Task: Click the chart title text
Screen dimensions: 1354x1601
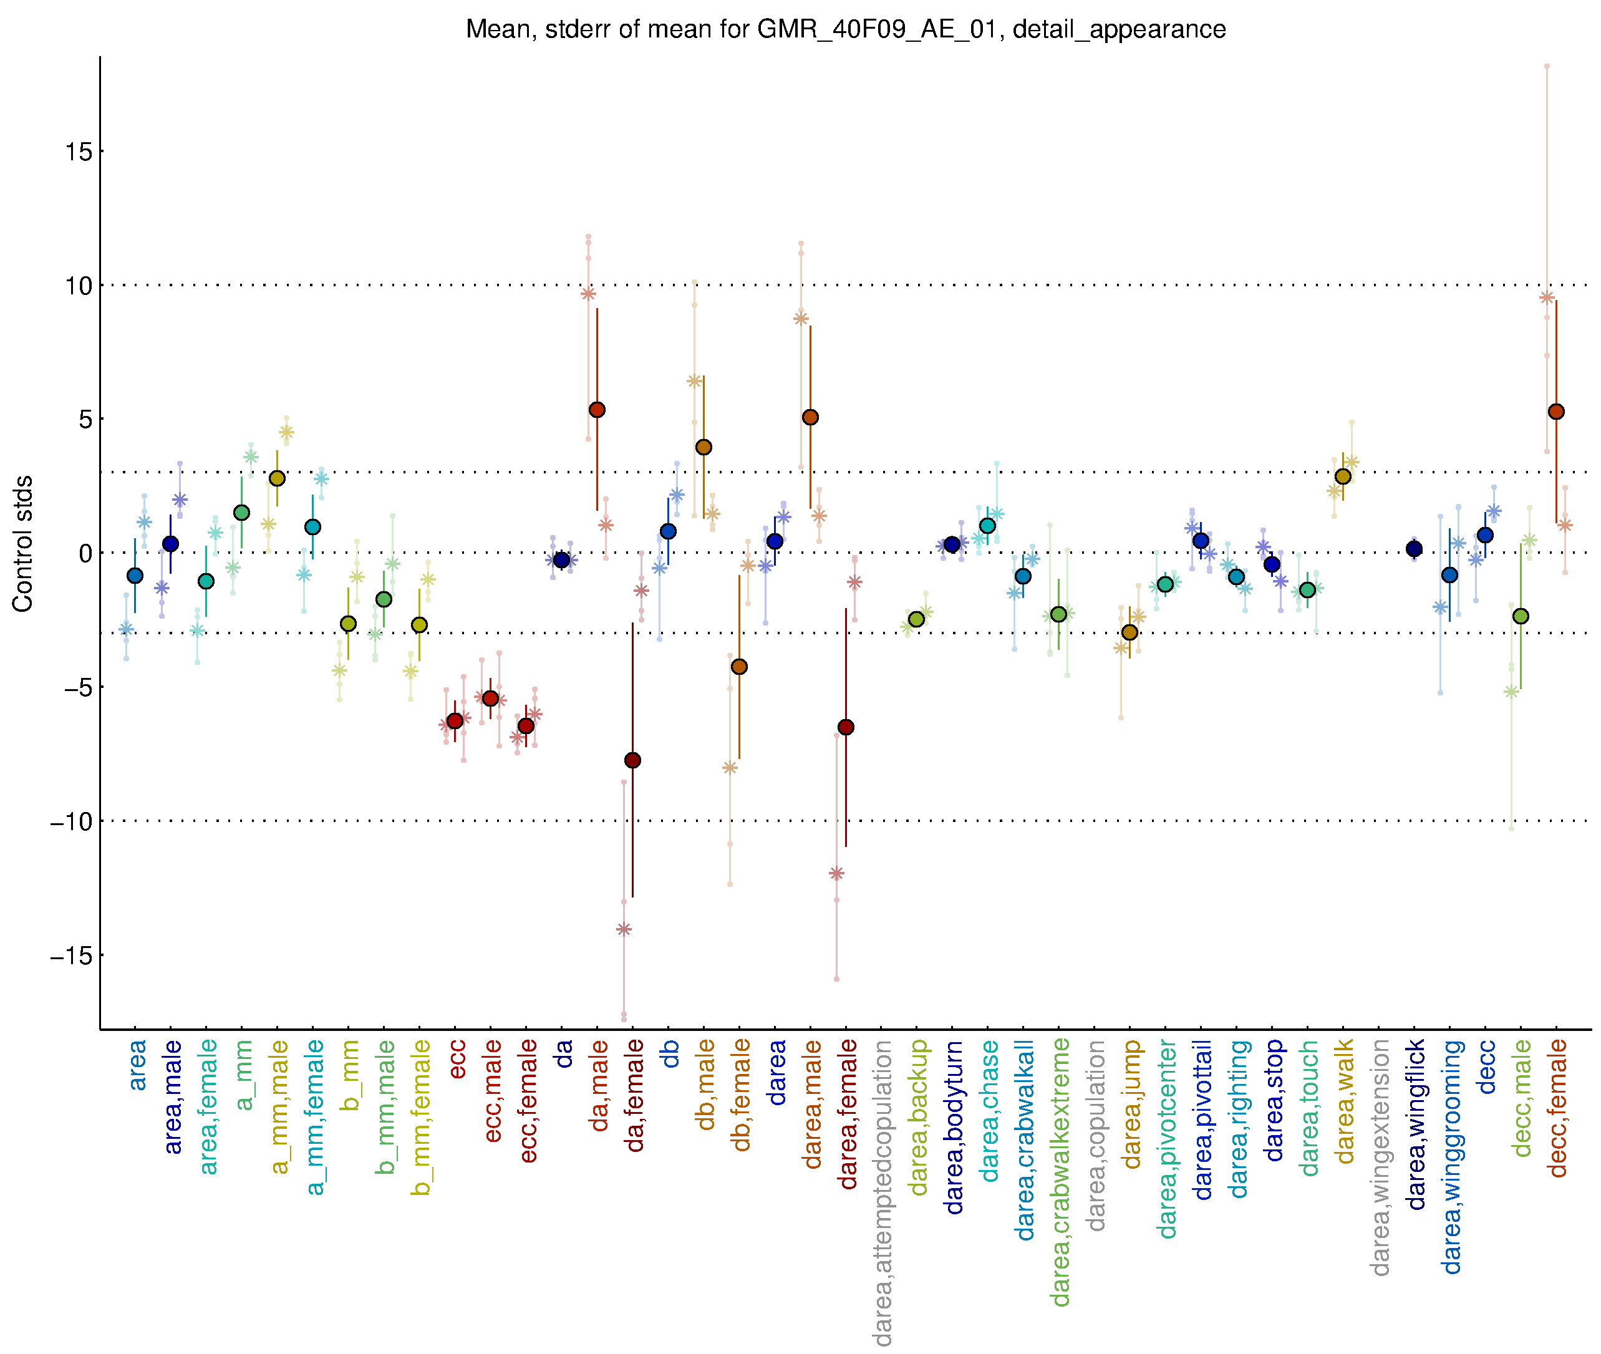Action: tap(845, 29)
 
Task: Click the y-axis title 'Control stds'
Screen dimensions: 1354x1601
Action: tap(23, 543)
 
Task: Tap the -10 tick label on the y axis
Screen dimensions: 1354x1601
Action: tap(70, 821)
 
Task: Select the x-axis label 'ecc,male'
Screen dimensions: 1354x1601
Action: tap(492, 1091)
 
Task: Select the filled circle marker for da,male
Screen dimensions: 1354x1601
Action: tap(597, 410)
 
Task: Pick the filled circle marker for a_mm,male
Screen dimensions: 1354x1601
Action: tap(277, 479)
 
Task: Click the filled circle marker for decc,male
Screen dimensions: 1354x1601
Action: tap(1521, 616)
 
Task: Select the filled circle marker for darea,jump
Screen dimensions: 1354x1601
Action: tap(1129, 632)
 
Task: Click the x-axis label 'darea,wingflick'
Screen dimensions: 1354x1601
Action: tap(1415, 1124)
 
